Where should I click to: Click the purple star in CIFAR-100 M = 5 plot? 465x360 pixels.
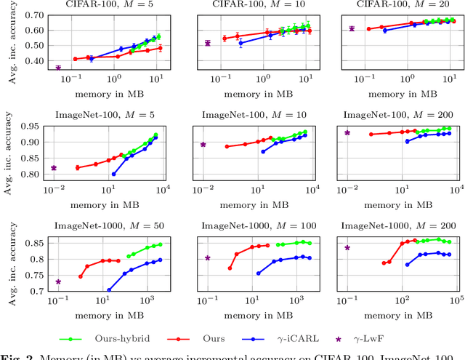[x=58, y=68]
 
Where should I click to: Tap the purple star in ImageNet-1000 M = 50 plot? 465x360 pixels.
[x=58, y=281]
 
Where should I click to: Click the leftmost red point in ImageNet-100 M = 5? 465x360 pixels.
[x=78, y=167]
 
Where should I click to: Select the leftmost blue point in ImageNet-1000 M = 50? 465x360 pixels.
[x=109, y=289]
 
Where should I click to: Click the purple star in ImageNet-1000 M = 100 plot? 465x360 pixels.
[x=208, y=257]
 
